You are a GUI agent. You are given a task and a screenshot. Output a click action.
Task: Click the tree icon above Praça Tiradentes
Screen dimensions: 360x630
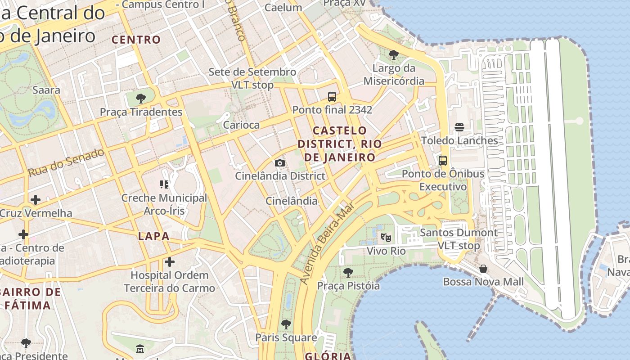(141, 98)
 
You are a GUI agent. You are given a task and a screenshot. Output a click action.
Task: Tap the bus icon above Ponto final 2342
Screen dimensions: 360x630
(332, 96)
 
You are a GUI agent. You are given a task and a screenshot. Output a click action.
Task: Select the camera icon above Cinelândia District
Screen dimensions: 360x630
(279, 163)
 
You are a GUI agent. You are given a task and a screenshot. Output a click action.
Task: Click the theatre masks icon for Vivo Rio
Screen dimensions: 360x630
(386, 237)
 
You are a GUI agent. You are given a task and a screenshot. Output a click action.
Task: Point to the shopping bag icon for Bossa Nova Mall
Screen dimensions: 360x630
(483, 269)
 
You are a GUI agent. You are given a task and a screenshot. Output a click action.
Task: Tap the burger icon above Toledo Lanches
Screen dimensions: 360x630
(459, 127)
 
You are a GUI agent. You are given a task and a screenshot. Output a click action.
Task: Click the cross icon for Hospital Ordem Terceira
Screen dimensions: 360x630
(170, 261)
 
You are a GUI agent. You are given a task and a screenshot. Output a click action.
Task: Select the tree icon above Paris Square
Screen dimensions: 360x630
(286, 324)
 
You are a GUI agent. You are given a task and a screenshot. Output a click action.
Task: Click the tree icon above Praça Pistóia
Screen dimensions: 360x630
(348, 272)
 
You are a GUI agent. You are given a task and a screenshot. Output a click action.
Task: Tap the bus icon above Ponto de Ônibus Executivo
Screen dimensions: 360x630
(443, 160)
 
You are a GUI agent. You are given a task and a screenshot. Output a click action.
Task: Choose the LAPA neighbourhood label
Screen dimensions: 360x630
(154, 236)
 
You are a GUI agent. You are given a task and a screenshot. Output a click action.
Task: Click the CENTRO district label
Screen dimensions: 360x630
(136, 40)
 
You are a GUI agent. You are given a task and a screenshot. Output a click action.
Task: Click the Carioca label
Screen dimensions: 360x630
(241, 125)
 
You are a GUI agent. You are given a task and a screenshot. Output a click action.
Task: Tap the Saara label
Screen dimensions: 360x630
(46, 90)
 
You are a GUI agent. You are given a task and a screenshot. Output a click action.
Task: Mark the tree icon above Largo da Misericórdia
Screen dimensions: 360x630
(394, 55)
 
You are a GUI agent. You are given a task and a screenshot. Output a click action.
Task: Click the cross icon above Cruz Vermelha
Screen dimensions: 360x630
(36, 199)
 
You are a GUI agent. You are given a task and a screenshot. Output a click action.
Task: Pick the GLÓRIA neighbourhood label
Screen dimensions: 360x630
(328, 356)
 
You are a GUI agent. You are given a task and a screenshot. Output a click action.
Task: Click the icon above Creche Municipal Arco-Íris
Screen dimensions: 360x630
(164, 184)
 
